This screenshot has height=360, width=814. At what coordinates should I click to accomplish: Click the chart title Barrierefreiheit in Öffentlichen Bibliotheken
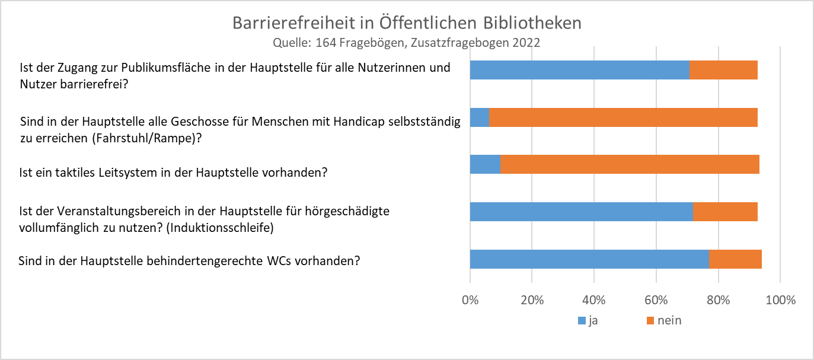[x=407, y=23]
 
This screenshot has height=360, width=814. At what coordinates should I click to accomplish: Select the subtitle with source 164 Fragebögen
[x=406, y=43]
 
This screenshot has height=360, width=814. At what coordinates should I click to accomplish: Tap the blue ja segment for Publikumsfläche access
[x=579, y=70]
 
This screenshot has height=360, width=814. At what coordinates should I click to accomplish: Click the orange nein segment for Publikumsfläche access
[x=723, y=70]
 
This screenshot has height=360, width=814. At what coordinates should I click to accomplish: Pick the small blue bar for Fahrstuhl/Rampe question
[x=480, y=117]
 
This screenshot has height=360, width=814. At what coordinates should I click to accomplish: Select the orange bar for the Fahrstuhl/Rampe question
[x=623, y=117]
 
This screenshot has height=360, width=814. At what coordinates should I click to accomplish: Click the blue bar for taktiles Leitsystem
[x=485, y=164]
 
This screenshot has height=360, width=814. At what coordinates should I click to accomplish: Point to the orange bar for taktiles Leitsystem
[x=630, y=164]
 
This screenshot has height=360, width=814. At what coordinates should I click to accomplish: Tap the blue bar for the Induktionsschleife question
[x=581, y=212]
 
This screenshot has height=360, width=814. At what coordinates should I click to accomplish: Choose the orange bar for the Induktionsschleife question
[x=725, y=212]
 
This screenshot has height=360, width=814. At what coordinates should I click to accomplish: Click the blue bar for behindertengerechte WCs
[x=589, y=259]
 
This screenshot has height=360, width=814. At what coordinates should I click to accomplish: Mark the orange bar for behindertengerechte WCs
[x=735, y=259]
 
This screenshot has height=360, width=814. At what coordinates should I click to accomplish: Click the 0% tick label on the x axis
[x=470, y=300]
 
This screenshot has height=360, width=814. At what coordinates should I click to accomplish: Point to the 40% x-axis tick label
[x=594, y=300]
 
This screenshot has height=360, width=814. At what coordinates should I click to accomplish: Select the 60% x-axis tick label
[x=656, y=300]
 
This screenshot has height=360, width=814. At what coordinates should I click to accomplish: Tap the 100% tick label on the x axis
[x=780, y=300]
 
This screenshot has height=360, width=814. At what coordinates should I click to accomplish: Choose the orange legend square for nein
[x=650, y=321]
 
